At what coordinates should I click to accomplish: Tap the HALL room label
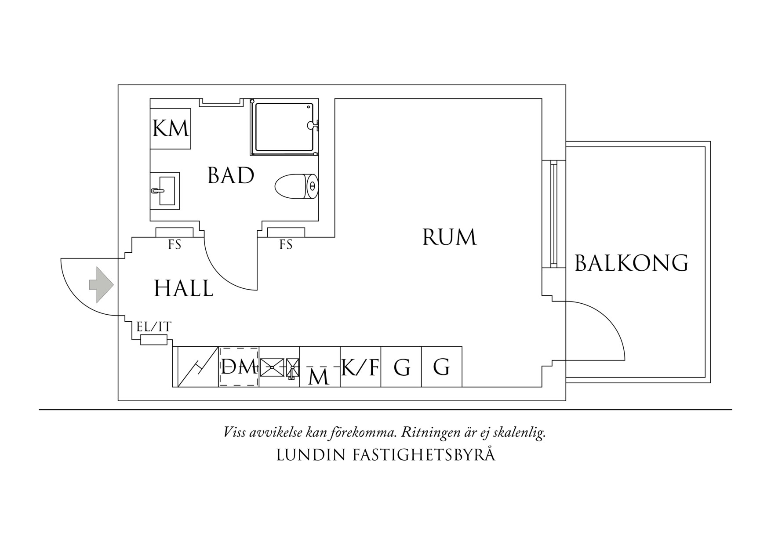pos(184,289)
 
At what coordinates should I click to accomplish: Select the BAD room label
pos(231,176)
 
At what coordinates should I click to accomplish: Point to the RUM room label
pos(449,237)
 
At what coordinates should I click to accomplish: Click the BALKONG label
pos(631,263)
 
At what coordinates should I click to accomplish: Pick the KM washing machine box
pos(171,129)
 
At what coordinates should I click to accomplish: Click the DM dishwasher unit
pos(239,367)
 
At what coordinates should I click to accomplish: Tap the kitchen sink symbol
pos(273,367)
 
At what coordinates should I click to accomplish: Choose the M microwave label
pos(319,376)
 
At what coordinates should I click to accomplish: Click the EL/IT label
pos(154,327)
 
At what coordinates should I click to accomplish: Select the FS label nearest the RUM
pos(286,244)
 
